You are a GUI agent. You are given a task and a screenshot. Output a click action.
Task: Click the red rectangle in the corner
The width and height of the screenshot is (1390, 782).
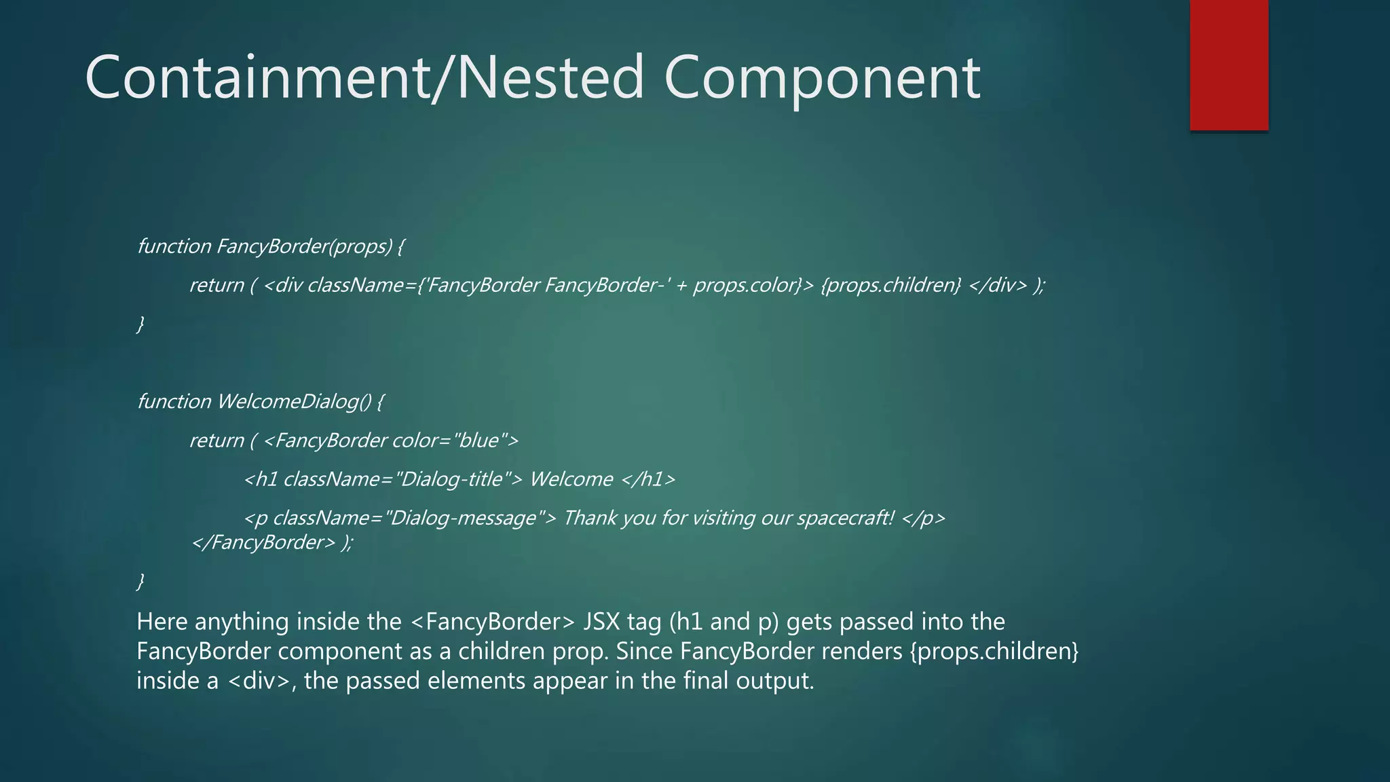(x=1228, y=64)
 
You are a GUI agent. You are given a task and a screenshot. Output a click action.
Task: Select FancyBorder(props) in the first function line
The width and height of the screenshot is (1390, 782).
(x=304, y=246)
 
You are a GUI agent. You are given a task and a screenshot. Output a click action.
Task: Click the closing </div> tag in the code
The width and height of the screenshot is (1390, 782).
(x=998, y=285)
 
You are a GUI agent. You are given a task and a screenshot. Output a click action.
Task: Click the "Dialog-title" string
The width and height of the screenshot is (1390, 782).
(x=451, y=479)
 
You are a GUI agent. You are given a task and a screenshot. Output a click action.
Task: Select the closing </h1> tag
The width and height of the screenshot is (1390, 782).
(x=648, y=479)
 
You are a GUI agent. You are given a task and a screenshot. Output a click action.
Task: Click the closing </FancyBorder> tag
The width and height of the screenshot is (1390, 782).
(x=263, y=542)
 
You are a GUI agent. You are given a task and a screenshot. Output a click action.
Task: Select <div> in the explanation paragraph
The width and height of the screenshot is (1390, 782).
(x=259, y=680)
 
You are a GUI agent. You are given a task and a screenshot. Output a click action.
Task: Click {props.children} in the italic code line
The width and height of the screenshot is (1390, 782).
(x=890, y=285)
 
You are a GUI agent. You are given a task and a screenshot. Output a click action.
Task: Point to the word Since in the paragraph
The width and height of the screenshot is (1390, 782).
(x=644, y=651)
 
